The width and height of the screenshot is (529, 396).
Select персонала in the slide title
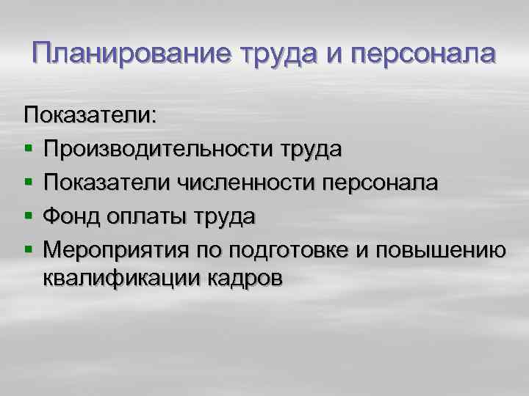[x=423, y=54]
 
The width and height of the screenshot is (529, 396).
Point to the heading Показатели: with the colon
[x=90, y=115]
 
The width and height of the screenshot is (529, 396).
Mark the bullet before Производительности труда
[x=28, y=150]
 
